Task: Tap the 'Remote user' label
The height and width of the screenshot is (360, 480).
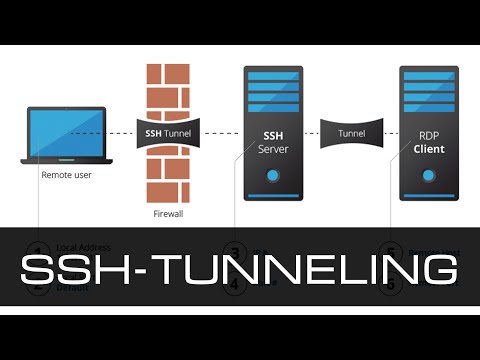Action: pos(66,174)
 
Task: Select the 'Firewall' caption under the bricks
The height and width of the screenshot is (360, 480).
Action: pos(167,213)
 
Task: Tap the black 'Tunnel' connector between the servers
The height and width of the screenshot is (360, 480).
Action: pos(351,133)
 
